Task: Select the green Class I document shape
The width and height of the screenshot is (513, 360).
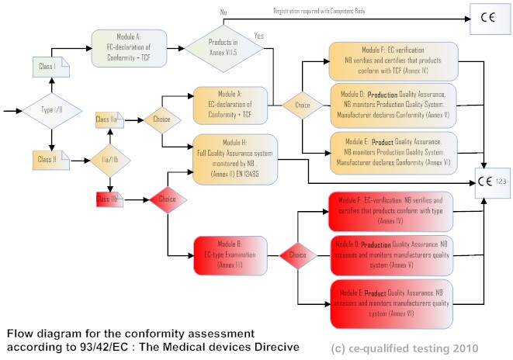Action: pyautogui.click(x=47, y=67)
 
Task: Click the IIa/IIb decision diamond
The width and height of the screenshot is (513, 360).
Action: pyautogui.click(x=111, y=159)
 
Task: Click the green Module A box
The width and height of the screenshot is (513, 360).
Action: pyautogui.click(x=128, y=50)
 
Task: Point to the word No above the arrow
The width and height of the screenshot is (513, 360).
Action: pyautogui.click(x=224, y=12)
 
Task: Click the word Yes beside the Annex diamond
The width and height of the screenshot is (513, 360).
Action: pyautogui.click(x=258, y=36)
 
